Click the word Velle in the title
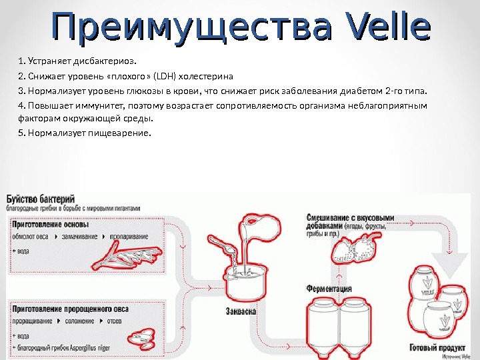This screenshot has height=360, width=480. [x=387, y=28]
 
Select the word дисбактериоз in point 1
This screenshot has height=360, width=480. [x=107, y=63]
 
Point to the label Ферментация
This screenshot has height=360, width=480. [x=329, y=289]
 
